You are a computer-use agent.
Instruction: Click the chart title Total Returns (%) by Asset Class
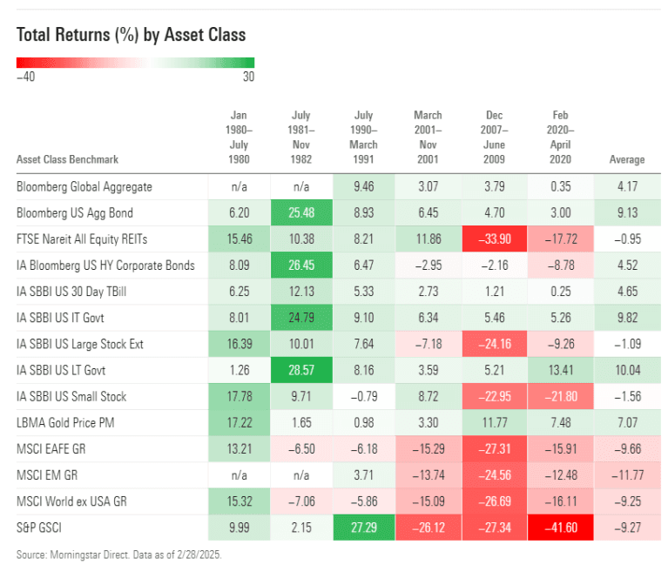[131, 35]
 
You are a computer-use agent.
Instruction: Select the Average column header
[626, 159]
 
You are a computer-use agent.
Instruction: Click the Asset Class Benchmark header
[67, 159]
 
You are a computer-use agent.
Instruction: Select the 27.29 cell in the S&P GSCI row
[363, 528]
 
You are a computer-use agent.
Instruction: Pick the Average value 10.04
[626, 371]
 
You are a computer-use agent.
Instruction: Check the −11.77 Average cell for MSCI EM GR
[626, 475]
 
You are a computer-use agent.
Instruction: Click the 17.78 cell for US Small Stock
[239, 397]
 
